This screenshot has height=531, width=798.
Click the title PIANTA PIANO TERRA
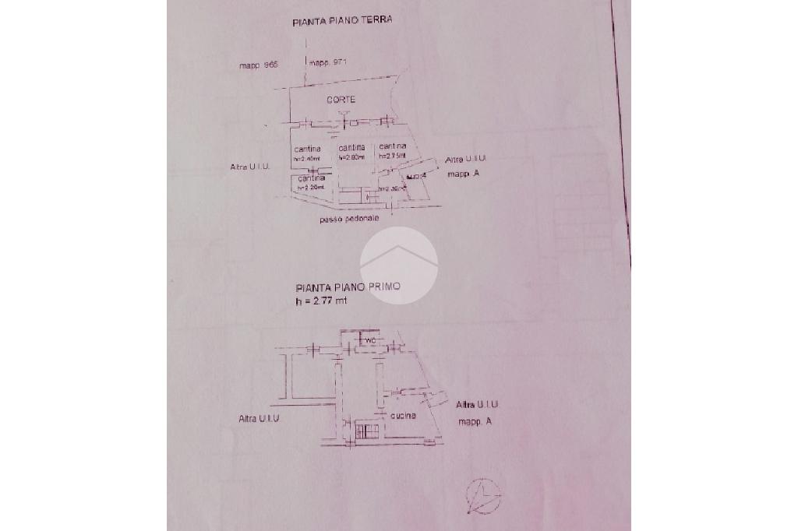(342, 21)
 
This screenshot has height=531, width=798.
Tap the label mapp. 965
(259, 65)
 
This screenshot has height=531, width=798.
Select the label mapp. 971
(327, 62)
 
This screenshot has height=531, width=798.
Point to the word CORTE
(341, 100)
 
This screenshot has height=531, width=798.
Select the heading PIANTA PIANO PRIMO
(348, 287)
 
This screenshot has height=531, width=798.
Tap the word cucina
(404, 416)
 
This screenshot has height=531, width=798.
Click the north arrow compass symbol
(482, 494)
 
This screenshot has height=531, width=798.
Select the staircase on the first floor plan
(367, 430)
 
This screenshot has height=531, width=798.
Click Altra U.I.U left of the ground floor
(249, 167)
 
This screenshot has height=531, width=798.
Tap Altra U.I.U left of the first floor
(259, 419)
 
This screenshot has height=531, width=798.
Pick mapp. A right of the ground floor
(463, 174)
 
